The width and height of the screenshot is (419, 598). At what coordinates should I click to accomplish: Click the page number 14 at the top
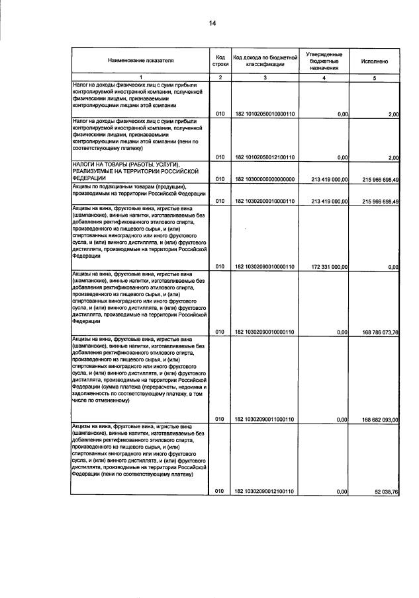212,24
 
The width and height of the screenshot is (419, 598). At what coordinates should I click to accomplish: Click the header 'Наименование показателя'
140,60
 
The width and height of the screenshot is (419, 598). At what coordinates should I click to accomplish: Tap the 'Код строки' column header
220,60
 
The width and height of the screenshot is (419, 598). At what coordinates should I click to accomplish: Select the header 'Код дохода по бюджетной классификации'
265,60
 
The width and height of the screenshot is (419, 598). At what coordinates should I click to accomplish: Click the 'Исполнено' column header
374,60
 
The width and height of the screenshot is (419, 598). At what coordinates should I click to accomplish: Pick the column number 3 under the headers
265,78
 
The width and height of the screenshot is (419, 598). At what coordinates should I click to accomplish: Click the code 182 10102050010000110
265,114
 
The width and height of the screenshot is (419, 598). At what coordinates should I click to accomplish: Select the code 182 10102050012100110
265,157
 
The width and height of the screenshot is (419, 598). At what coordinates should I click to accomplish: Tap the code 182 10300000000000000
265,179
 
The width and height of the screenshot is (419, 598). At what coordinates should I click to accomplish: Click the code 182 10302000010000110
265,201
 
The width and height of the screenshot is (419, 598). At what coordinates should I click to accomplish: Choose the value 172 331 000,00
325,266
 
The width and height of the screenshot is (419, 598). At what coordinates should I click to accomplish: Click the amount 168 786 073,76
375,332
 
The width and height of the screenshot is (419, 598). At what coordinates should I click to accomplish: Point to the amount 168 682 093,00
375,419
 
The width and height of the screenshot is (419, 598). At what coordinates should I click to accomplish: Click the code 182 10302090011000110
265,419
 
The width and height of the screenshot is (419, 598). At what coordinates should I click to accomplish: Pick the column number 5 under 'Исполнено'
374,78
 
